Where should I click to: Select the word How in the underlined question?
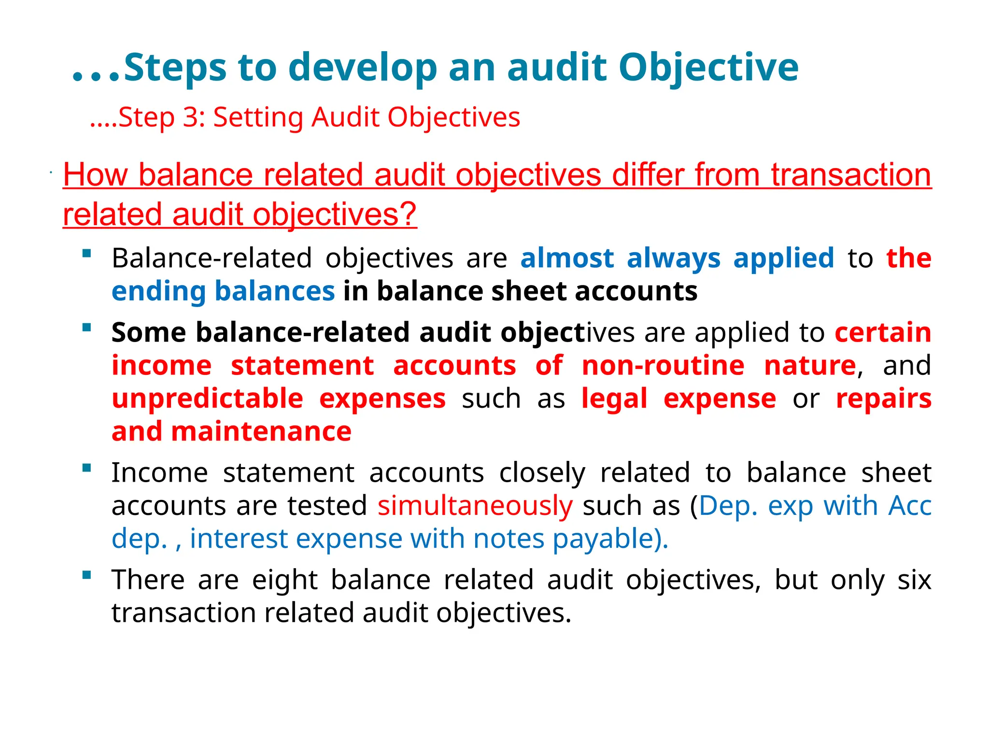95,175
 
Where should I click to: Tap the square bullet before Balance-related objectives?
87,254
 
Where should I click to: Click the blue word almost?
567,258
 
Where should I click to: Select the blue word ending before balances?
159,291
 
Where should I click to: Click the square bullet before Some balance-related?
87,328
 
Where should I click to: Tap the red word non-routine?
663,365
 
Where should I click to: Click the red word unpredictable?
207,399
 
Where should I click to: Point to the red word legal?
614,399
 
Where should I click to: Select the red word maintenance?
261,431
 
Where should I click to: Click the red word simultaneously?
475,506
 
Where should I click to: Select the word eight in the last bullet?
284,580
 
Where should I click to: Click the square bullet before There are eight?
87,575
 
